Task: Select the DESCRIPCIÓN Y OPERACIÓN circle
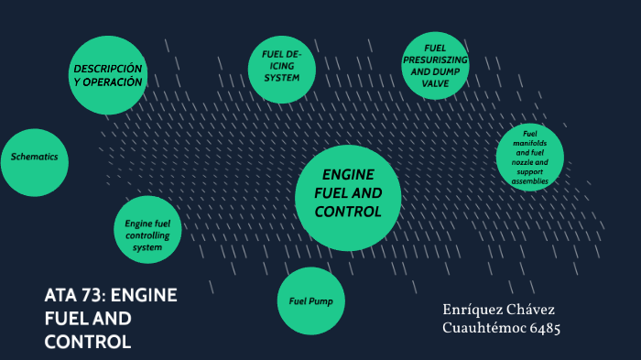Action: pos(108,76)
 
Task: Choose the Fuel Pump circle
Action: pos(310,300)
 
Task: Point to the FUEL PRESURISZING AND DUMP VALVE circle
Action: pos(435,65)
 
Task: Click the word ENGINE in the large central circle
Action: pos(348,175)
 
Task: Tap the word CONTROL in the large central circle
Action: pos(347,212)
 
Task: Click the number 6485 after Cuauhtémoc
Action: pos(542,327)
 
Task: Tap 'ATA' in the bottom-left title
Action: pos(62,296)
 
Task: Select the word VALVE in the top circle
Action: pos(435,82)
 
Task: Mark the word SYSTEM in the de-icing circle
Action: pos(282,78)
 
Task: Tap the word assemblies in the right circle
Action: pos(529,181)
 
